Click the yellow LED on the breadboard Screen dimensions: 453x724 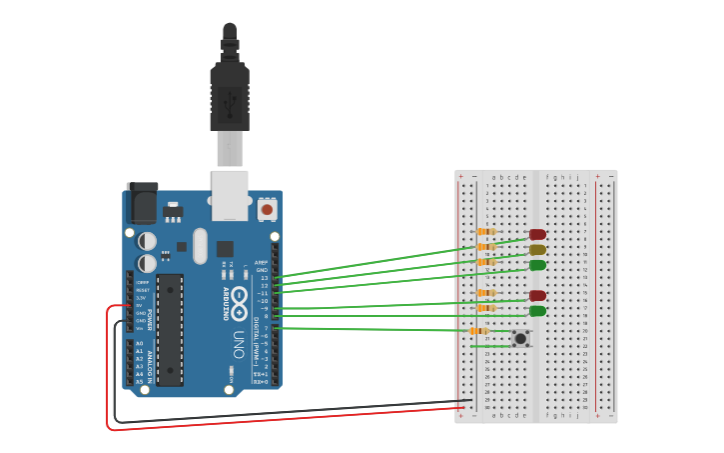[537, 250]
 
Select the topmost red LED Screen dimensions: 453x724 [537, 235]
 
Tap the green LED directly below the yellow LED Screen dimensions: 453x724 [537, 265]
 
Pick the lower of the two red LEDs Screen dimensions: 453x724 [537, 296]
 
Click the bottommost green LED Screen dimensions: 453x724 [537, 311]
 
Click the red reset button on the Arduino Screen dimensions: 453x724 [267, 210]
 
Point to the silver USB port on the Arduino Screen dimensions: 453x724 [230, 194]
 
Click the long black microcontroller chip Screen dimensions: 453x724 [170, 329]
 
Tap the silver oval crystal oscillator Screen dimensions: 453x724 [200, 245]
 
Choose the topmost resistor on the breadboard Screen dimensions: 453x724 [486, 232]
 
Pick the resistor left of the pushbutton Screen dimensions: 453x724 [479, 331]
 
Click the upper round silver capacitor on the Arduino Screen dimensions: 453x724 [147, 241]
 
